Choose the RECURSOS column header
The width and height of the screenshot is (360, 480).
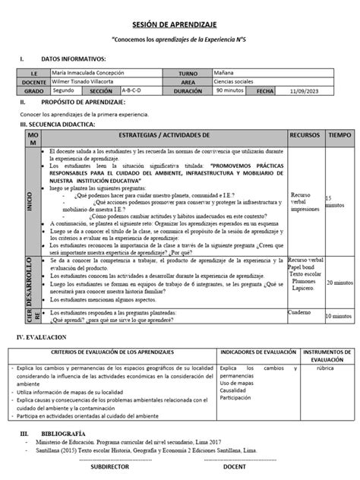(305, 134)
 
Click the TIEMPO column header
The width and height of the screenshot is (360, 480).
(339, 134)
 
